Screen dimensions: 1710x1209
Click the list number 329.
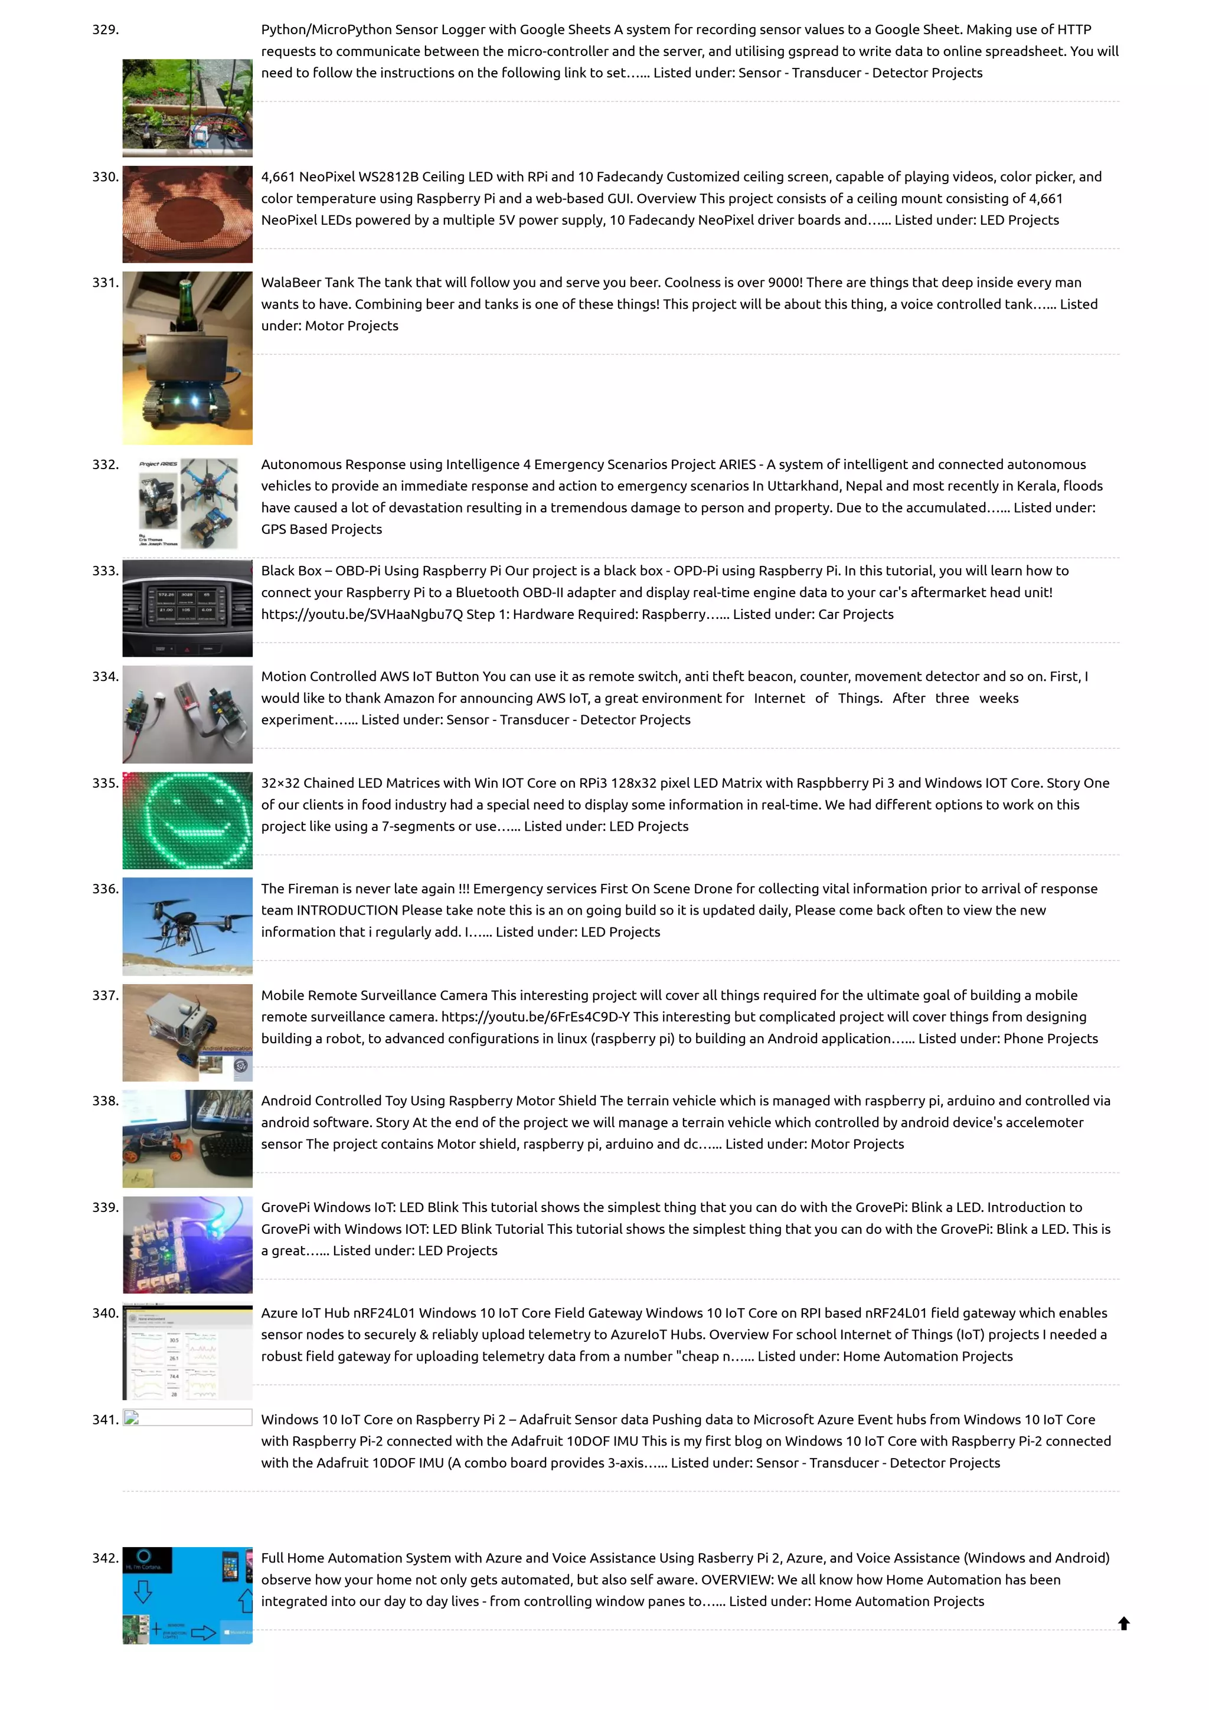[x=105, y=30]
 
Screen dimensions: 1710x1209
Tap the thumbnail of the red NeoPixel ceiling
[x=187, y=215]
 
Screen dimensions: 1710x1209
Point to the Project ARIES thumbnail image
[x=187, y=503]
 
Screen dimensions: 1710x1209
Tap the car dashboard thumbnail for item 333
[x=187, y=608]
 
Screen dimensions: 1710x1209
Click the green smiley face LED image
[x=187, y=820]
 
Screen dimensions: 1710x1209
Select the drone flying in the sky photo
[x=187, y=926]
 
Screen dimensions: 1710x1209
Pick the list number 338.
[x=105, y=1101]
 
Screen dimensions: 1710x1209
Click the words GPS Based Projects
[x=321, y=529]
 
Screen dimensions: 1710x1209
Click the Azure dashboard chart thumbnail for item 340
[x=187, y=1352]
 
